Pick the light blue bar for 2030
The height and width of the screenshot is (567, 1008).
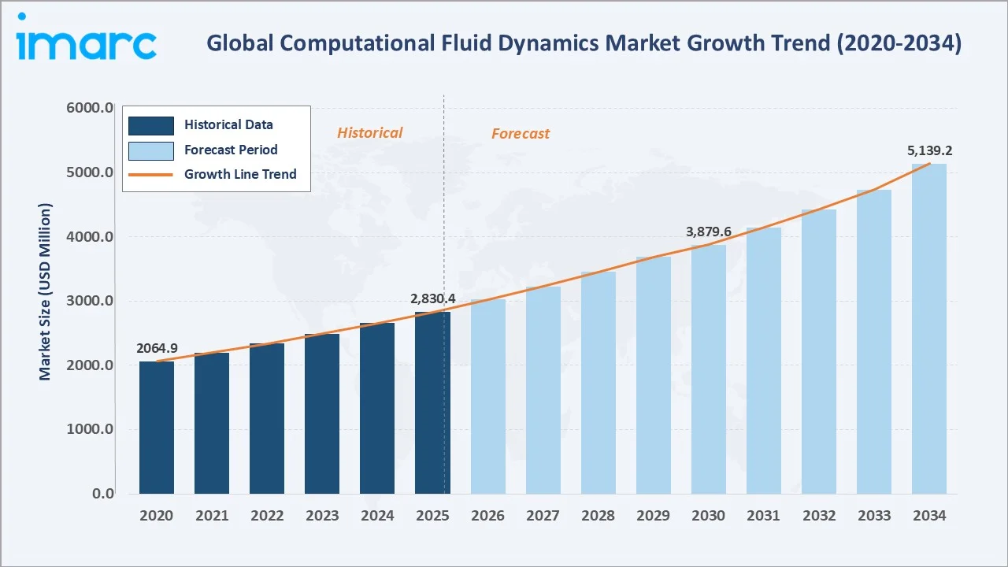(708, 369)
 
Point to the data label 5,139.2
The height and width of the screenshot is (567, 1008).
(928, 150)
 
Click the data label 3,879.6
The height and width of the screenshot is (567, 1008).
(708, 232)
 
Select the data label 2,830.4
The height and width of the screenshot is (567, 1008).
(432, 299)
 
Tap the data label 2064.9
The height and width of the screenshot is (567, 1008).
(157, 348)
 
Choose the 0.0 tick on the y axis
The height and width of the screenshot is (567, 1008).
(103, 494)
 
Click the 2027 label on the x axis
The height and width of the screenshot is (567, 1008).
(543, 516)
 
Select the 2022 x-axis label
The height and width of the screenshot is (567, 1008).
(267, 516)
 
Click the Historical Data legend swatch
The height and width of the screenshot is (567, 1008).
(150, 125)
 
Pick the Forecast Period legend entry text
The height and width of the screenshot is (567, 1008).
(231, 150)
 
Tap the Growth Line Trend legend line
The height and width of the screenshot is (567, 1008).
(150, 175)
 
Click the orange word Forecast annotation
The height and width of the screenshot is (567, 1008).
(521, 134)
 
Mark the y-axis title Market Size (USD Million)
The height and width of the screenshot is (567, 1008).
(45, 292)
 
